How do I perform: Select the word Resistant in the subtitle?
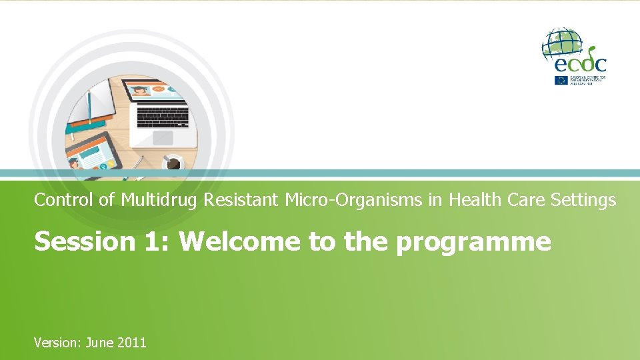(x=235, y=200)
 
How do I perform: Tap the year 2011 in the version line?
(x=131, y=343)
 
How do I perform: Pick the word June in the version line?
(x=99, y=343)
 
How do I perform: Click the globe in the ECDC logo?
(x=562, y=43)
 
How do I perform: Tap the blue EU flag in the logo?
(x=561, y=80)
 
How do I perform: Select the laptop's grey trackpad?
(x=163, y=137)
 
